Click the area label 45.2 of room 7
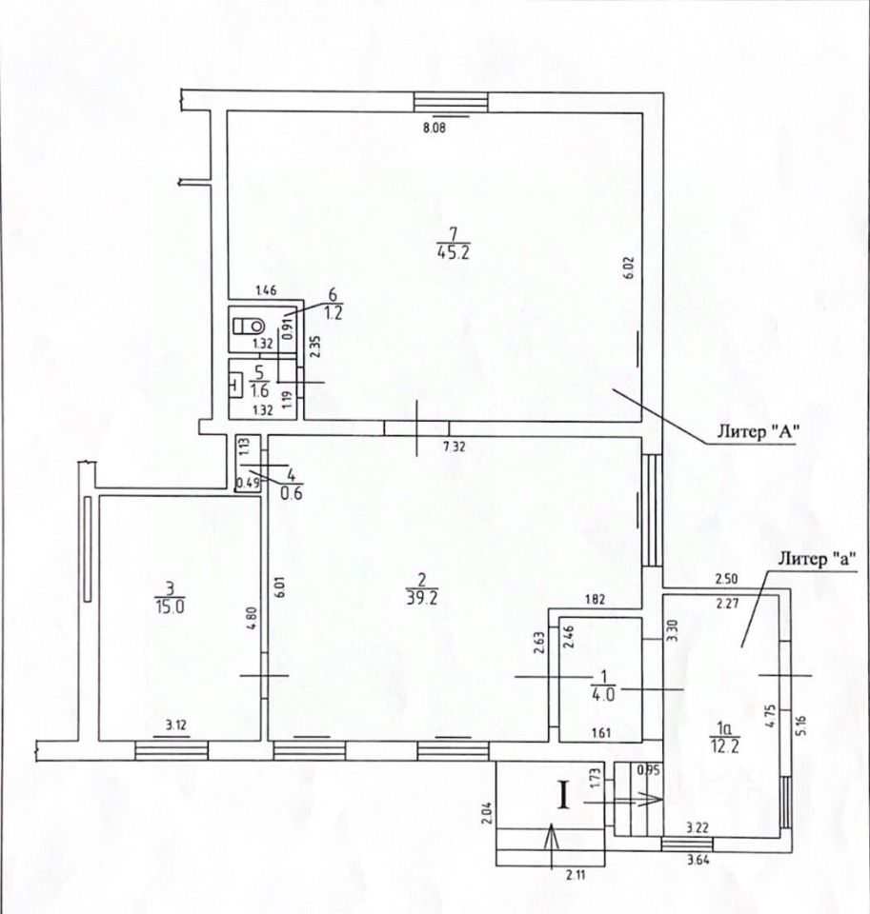coord(453,252)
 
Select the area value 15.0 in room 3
coord(170,606)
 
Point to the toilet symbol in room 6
coord(249,326)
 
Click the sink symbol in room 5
coord(235,385)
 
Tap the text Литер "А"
coord(758,432)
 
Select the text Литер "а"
coord(817,560)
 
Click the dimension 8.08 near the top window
coord(435,128)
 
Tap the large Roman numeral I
coord(563,795)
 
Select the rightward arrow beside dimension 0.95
coord(622,801)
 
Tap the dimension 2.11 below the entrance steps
coord(577,873)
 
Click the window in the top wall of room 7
coord(451,102)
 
